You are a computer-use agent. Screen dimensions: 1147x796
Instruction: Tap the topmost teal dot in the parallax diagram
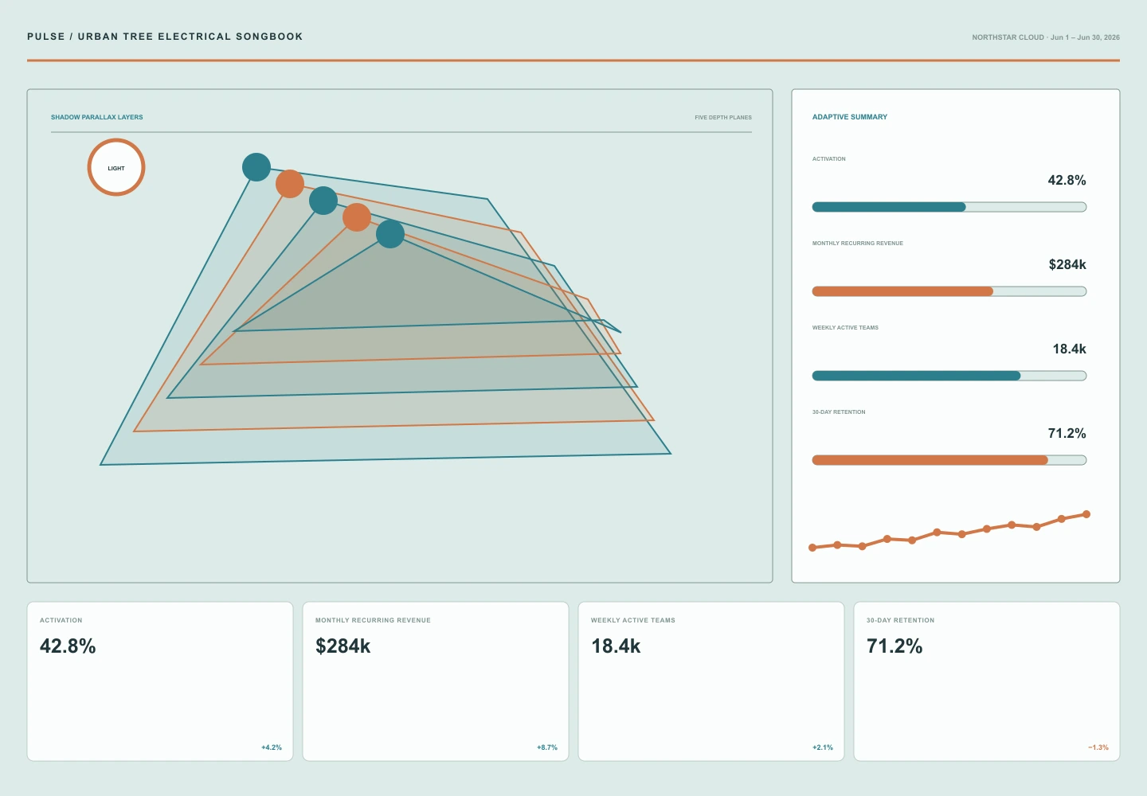(x=256, y=167)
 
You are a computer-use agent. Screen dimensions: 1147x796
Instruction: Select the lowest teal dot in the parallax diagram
(x=390, y=234)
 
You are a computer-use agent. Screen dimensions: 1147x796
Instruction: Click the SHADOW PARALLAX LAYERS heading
(x=97, y=117)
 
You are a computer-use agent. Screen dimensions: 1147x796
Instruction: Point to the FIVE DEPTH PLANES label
(x=723, y=118)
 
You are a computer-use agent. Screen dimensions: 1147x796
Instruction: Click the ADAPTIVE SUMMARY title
(x=849, y=117)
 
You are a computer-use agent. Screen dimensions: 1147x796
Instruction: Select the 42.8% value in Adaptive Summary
(x=1067, y=180)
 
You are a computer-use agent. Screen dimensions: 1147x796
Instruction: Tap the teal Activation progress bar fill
(x=889, y=207)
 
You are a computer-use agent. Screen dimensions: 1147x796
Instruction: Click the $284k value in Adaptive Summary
(x=1067, y=264)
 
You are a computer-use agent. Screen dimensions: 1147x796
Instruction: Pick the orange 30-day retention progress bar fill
(x=930, y=460)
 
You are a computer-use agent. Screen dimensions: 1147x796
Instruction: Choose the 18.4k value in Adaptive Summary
(x=1069, y=349)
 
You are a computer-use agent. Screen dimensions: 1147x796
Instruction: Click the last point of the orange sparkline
(x=1086, y=514)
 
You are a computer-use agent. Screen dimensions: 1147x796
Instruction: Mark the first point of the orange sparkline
(x=812, y=548)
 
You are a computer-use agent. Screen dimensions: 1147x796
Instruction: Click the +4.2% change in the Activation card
(x=272, y=747)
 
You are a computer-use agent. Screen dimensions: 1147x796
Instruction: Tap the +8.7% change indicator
(x=547, y=747)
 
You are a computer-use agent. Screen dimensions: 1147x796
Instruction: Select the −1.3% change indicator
(x=1098, y=747)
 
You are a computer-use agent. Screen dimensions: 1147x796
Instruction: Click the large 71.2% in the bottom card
(x=894, y=646)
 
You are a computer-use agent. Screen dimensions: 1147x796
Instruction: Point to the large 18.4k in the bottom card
(x=616, y=646)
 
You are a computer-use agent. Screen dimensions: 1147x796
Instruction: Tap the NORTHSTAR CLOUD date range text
(x=1046, y=37)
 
